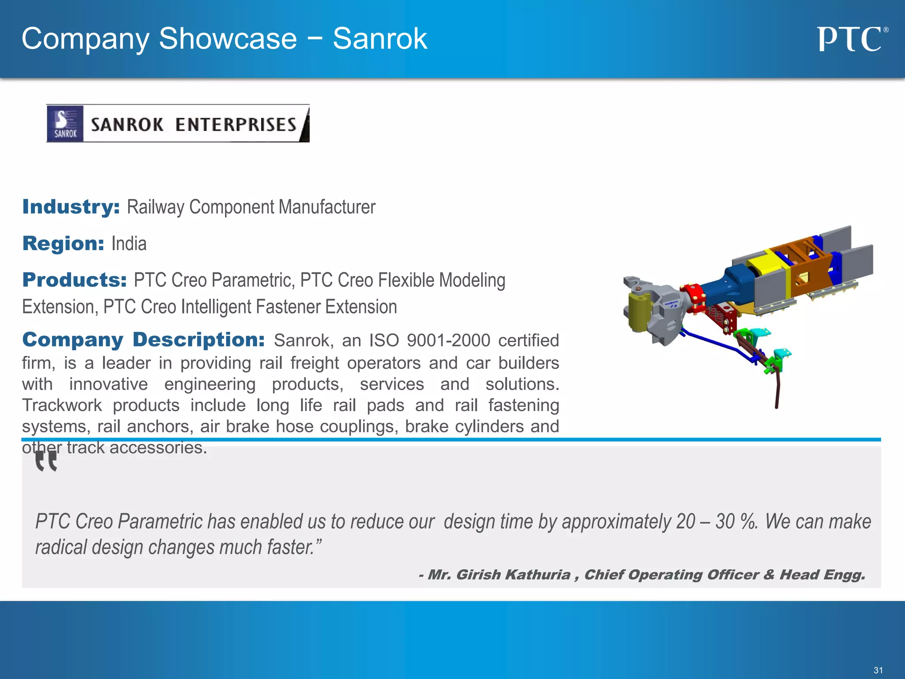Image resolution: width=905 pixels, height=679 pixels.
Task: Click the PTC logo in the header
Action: (851, 39)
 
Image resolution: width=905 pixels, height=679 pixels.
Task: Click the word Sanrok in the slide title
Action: (380, 38)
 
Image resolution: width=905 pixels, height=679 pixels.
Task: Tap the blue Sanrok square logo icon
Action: (65, 124)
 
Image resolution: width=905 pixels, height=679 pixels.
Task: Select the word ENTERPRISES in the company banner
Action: (236, 125)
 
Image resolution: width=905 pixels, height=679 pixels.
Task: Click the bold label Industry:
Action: (71, 207)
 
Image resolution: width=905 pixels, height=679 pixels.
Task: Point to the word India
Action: (129, 244)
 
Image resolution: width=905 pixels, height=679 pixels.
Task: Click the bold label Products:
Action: (75, 280)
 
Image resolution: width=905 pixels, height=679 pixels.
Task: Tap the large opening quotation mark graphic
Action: (46, 461)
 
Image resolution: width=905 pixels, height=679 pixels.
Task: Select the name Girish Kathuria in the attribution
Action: (513, 574)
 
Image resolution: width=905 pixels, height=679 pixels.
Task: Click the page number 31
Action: (878, 670)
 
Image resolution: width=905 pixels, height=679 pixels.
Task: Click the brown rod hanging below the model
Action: (777, 389)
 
